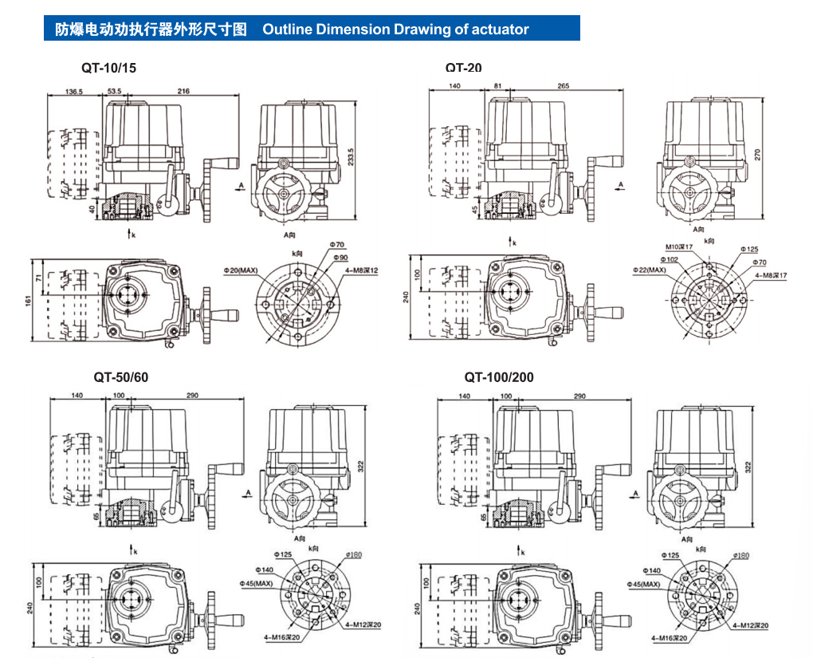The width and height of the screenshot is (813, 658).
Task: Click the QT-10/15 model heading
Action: click(108, 68)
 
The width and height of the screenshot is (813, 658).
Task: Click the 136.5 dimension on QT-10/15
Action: click(74, 92)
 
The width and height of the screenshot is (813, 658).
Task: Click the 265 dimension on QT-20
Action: click(563, 86)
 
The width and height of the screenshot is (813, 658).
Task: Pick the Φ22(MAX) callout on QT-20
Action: click(650, 270)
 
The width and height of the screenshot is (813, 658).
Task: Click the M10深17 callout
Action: click(678, 247)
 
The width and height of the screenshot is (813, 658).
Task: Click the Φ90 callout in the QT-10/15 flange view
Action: click(341, 257)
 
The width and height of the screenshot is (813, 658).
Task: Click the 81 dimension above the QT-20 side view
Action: click(497, 86)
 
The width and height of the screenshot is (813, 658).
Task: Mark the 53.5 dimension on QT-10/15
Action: click(113, 92)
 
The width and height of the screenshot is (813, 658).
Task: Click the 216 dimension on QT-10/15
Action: click(183, 92)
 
